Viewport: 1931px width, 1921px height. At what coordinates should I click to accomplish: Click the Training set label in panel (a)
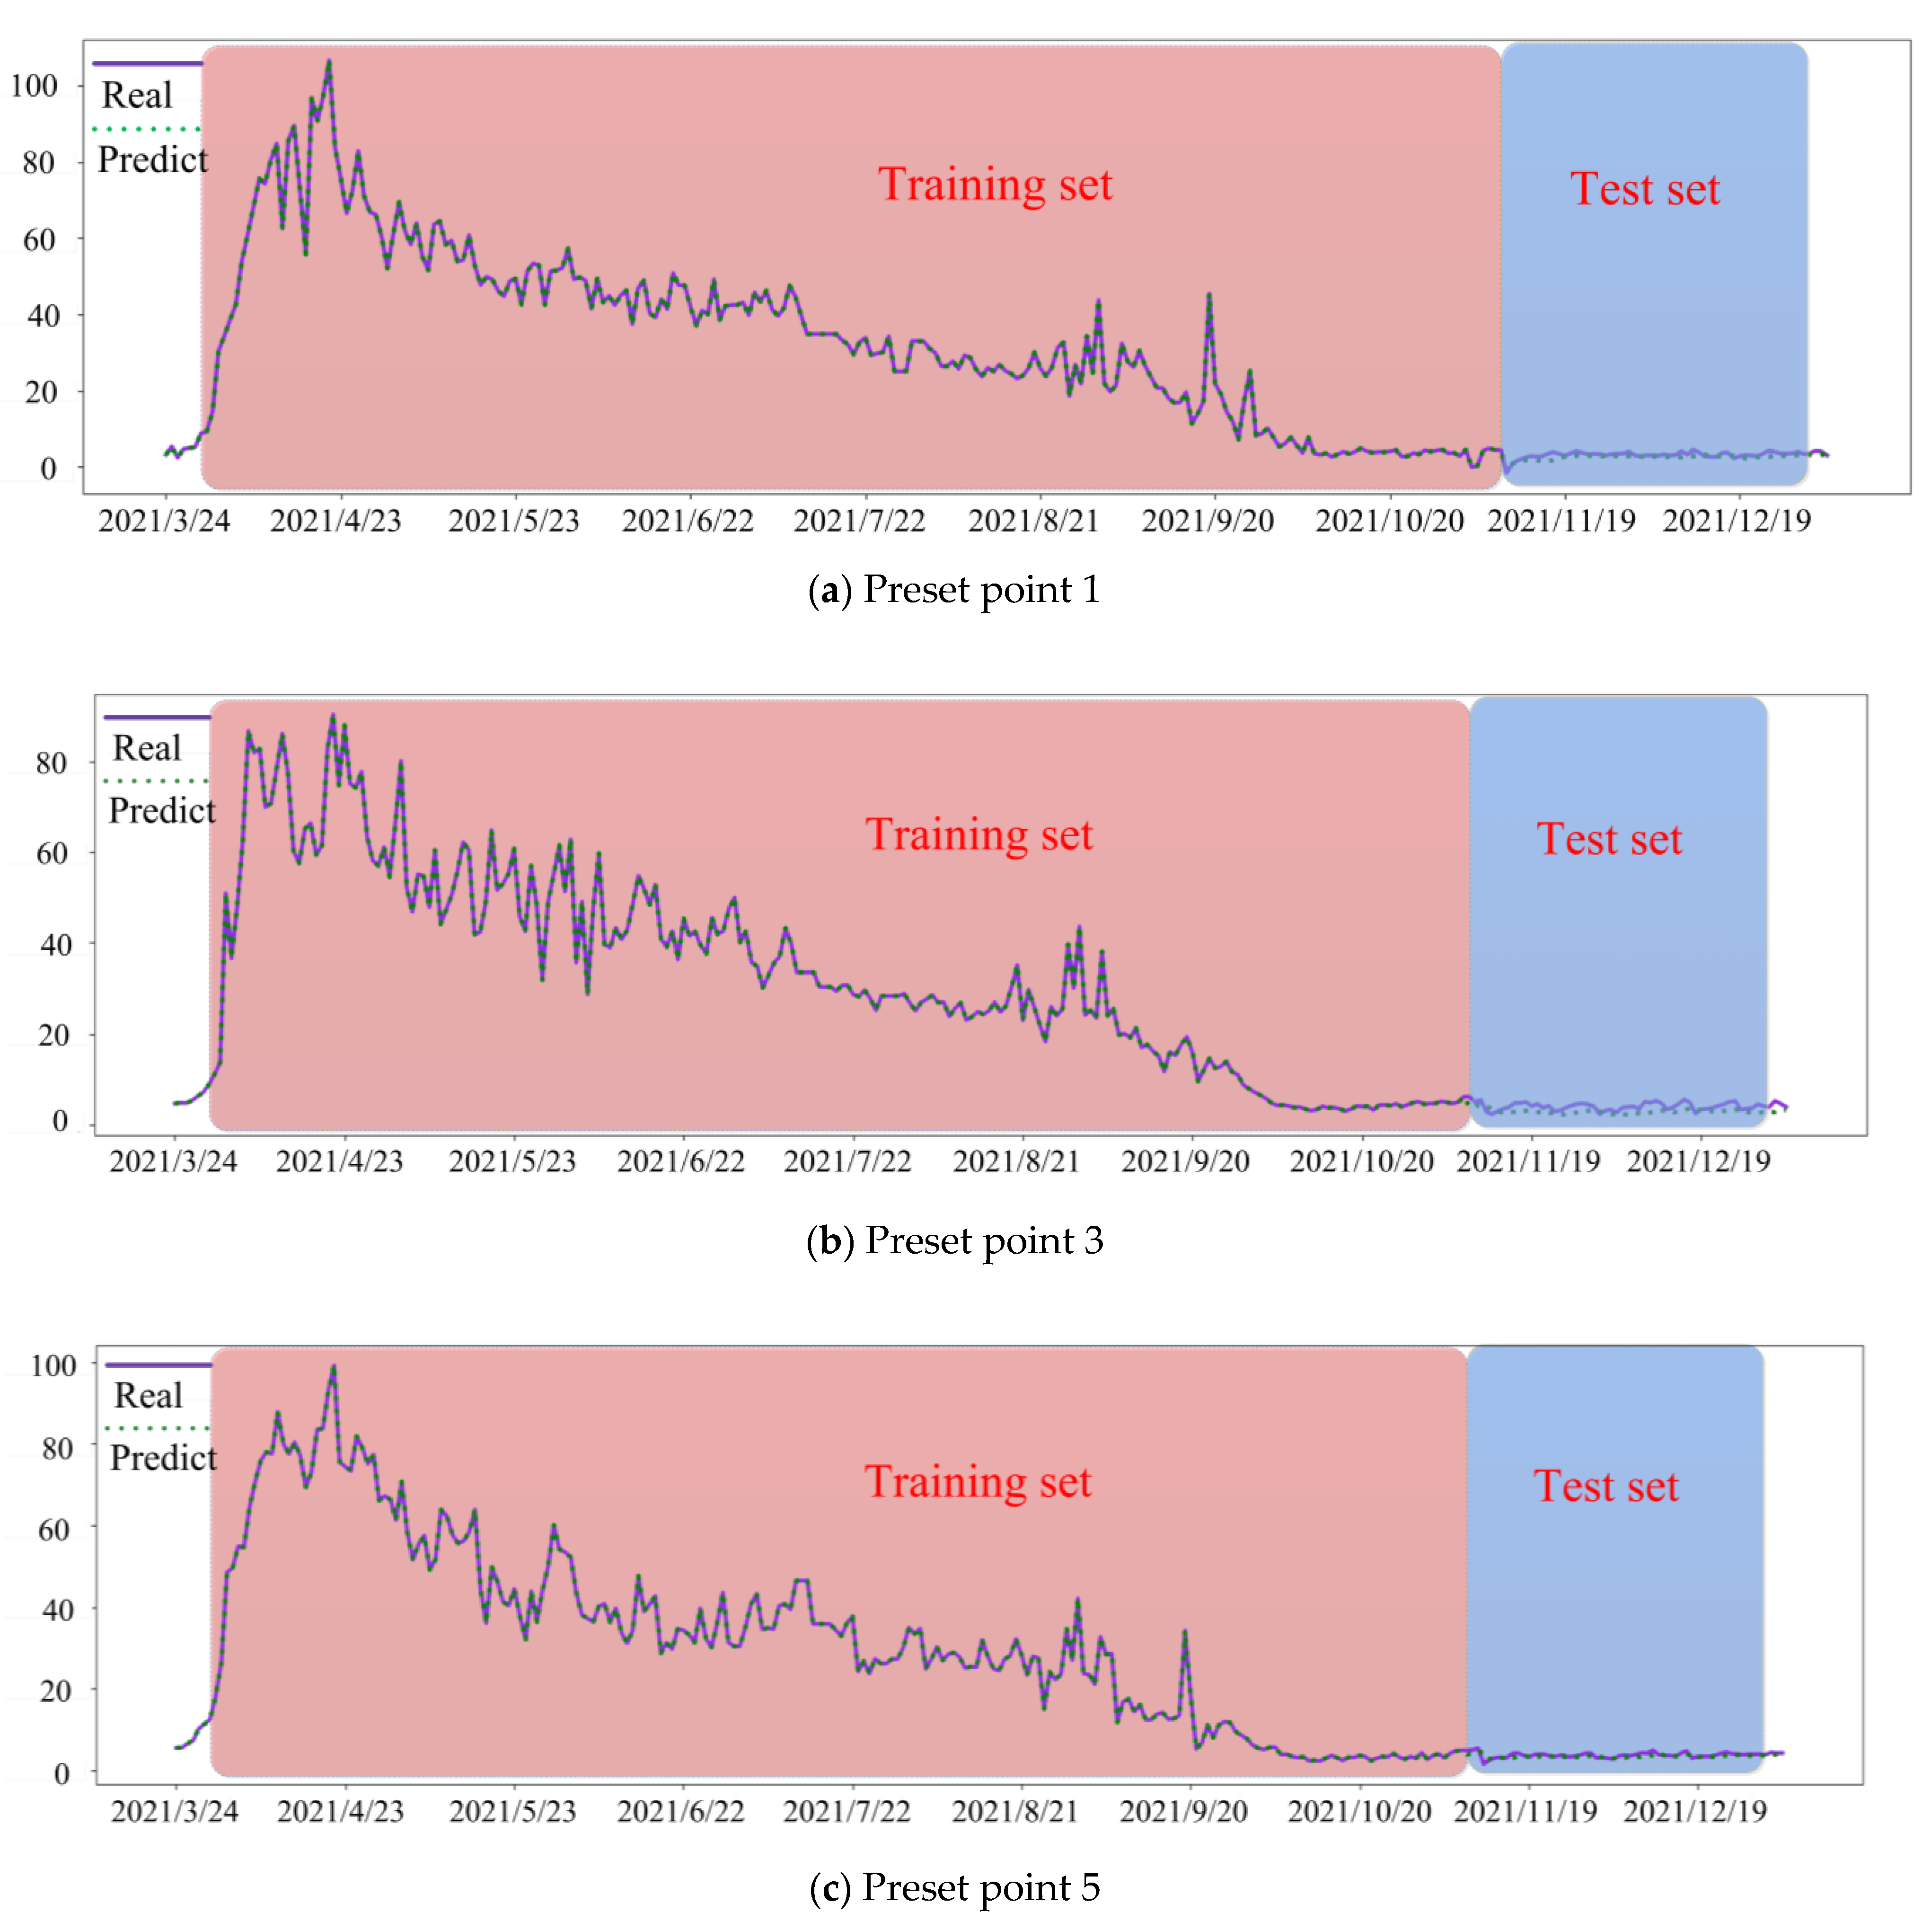click(x=995, y=185)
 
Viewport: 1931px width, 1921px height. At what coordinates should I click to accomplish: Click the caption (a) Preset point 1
click(x=953, y=590)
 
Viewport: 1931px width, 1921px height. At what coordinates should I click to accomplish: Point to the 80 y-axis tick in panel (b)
click(x=51, y=763)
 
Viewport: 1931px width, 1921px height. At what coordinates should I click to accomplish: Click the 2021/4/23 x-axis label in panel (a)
click(x=336, y=521)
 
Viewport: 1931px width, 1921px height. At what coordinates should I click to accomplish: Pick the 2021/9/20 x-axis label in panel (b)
click(x=1185, y=1161)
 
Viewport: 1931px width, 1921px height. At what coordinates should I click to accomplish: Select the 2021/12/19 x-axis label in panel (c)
click(x=1695, y=1811)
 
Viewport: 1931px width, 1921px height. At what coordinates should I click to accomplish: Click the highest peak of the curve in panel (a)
click(x=329, y=62)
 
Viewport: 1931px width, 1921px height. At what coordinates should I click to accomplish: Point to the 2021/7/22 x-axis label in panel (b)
click(x=847, y=1161)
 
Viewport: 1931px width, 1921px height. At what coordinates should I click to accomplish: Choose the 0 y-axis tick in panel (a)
click(x=48, y=469)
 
